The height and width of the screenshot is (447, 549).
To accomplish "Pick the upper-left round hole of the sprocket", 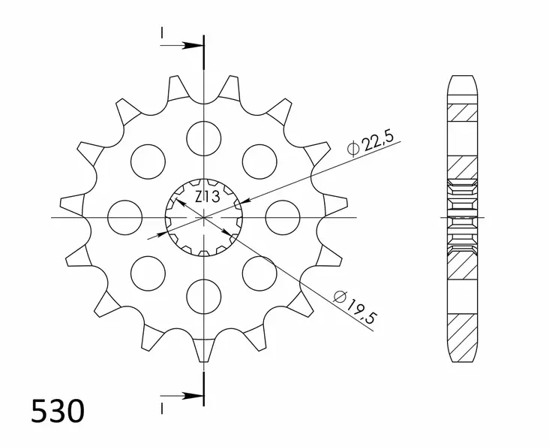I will point(148,161).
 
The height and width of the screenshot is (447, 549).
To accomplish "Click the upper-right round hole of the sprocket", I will point(259,161).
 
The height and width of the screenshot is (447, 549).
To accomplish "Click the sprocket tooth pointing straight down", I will point(203,349).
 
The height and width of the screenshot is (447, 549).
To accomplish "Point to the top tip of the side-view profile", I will point(463,77).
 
